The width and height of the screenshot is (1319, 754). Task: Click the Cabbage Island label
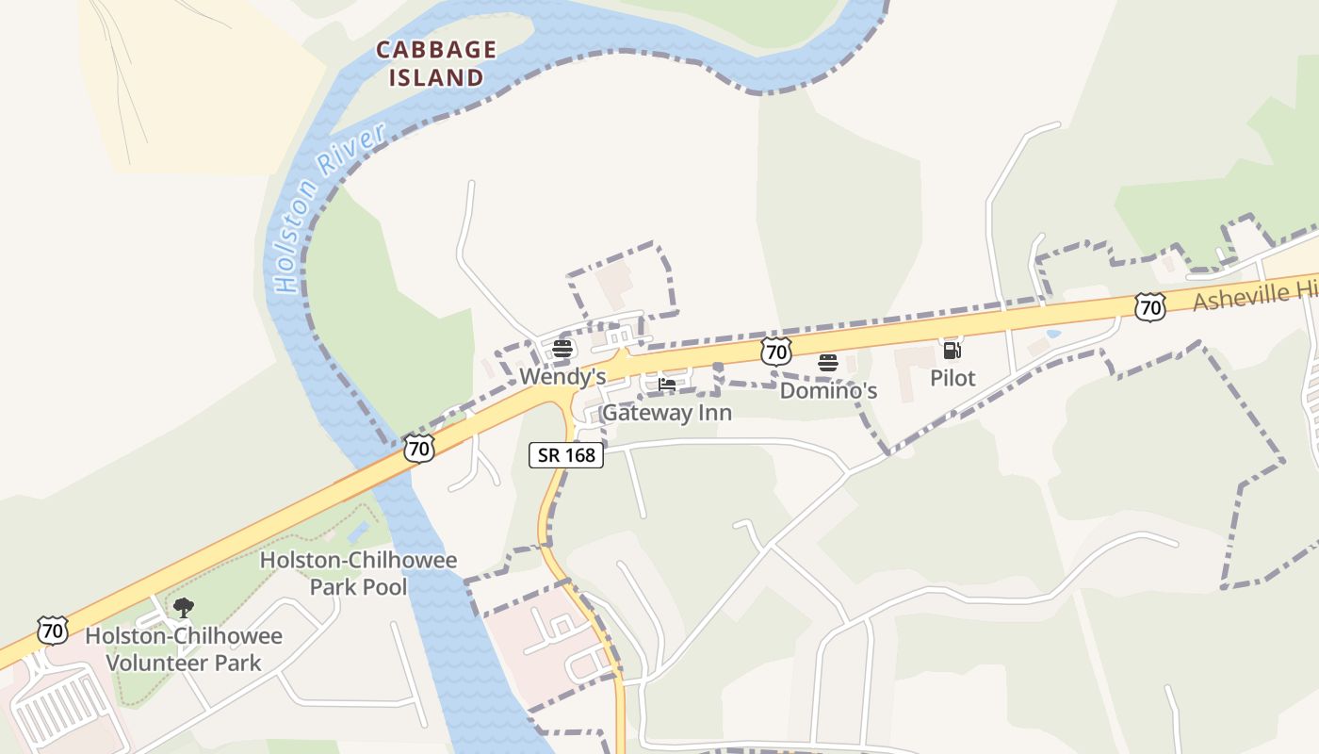[436, 63]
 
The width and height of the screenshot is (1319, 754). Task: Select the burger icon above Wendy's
[562, 349]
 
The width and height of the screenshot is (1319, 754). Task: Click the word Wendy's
[562, 377]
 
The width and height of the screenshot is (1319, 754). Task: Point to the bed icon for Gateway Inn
[667, 385]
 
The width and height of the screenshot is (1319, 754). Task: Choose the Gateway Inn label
[666, 413]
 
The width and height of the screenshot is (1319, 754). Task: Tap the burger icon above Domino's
[828, 363]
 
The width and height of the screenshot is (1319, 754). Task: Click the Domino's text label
[828, 390]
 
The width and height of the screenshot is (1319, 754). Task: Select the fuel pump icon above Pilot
[953, 351]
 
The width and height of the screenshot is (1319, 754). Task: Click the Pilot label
[953, 378]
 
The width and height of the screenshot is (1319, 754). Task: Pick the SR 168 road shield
[565, 455]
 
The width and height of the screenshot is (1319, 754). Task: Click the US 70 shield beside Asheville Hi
[1149, 306]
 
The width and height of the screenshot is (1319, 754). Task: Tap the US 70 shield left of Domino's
[775, 352]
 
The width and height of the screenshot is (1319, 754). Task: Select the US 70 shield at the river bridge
[419, 448]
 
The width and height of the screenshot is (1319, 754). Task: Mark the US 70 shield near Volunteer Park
[53, 630]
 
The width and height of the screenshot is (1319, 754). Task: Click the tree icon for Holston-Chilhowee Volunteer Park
[184, 608]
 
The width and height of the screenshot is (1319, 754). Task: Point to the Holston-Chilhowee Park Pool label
[358, 573]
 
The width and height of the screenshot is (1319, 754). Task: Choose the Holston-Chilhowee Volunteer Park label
[184, 648]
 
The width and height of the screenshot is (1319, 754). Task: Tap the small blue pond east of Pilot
[1052, 333]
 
